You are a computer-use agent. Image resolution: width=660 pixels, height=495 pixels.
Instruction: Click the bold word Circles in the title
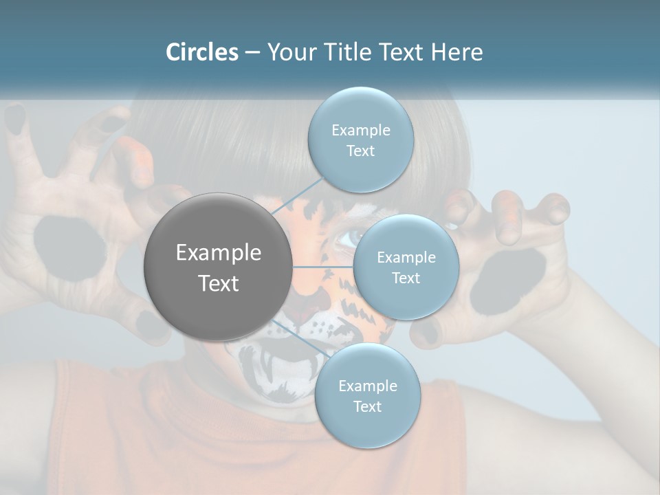click(x=201, y=52)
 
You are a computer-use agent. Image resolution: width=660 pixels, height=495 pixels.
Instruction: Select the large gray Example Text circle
click(x=218, y=267)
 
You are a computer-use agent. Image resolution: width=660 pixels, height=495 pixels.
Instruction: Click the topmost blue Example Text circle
click(x=360, y=140)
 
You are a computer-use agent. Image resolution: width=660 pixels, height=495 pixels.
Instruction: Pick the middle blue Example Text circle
click(x=406, y=267)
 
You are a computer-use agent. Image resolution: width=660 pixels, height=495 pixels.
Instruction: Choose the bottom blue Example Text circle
click(x=367, y=396)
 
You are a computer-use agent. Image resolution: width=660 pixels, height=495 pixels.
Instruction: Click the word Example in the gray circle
click(x=218, y=253)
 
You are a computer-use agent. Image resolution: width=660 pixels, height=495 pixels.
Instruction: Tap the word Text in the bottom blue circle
click(x=367, y=406)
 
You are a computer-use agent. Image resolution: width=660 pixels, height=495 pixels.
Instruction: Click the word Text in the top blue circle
click(x=360, y=151)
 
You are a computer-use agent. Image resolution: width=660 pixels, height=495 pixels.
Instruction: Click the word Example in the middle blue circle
click(x=406, y=257)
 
